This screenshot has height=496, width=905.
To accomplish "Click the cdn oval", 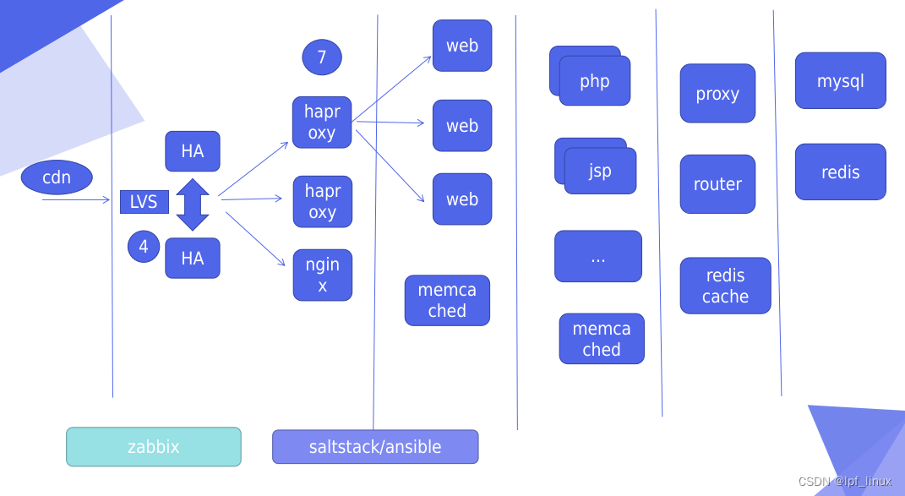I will click(57, 177).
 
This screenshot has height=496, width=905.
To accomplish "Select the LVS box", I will click(144, 202).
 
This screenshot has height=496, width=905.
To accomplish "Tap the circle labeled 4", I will click(144, 247).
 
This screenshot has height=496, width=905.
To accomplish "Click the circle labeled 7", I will click(322, 57).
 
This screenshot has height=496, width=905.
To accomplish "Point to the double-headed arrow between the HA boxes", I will click(193, 204).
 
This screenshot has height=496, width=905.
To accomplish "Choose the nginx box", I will click(323, 275).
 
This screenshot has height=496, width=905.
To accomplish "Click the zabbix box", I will click(154, 446).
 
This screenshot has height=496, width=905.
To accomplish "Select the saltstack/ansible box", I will click(375, 446).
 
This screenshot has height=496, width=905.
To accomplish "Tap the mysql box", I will click(840, 81).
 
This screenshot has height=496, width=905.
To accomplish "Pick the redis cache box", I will click(725, 286).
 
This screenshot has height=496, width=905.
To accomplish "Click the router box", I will click(717, 184).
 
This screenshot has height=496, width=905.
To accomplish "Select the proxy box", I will click(717, 94).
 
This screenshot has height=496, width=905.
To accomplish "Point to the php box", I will click(595, 81).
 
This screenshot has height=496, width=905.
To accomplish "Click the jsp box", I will click(600, 171).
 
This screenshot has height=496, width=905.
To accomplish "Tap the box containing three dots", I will click(598, 256).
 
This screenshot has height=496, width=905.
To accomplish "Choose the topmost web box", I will click(462, 46).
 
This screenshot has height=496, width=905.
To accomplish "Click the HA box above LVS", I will click(193, 151).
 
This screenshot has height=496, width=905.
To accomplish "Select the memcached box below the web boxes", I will click(447, 300).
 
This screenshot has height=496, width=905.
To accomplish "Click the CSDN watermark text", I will click(844, 482).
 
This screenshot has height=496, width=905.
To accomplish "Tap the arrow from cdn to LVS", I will click(76, 199).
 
